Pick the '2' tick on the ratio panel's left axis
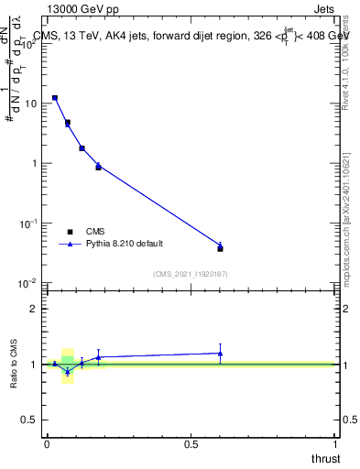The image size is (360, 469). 36,309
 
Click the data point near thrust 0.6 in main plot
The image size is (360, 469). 220,247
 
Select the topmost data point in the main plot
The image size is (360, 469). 55,97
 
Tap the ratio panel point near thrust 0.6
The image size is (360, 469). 220,353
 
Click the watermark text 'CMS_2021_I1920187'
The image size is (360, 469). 191,273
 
